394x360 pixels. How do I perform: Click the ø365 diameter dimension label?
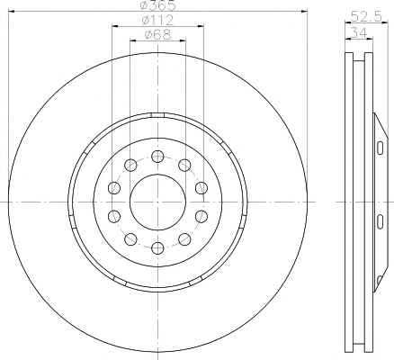(x=158, y=5)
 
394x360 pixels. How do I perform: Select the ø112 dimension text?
(x=157, y=20)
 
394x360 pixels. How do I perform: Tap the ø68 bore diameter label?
(x=158, y=35)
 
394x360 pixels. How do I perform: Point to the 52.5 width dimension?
(x=366, y=16)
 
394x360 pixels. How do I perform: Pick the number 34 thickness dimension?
(x=359, y=31)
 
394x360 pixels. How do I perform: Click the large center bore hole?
(x=158, y=202)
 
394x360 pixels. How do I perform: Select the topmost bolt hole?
(x=157, y=157)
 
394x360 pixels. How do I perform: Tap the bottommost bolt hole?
(x=157, y=247)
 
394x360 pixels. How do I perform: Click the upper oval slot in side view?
(x=380, y=148)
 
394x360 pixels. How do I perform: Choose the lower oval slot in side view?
(x=380, y=221)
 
